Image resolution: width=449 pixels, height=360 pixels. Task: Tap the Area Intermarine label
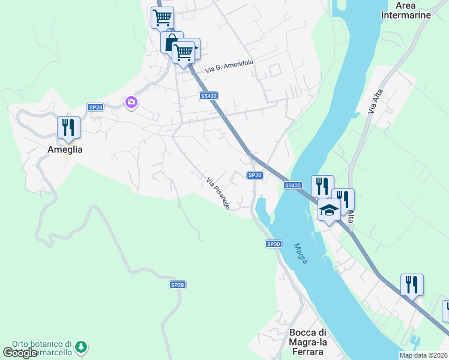[406, 10]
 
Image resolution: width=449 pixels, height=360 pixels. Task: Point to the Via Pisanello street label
[218, 193]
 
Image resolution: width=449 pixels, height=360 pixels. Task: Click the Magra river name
[301, 253]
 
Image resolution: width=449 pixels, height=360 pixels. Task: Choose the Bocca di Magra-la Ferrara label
[307, 342]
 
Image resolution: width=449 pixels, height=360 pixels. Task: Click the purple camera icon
[131, 103]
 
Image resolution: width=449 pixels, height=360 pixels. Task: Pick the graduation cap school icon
[328, 209]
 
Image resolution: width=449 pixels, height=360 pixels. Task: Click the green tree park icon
[80, 347]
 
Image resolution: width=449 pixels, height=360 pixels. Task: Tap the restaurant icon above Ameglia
[69, 127]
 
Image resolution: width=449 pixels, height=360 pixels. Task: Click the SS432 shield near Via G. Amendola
[209, 96]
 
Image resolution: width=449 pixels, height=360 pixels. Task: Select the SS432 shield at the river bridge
[293, 185]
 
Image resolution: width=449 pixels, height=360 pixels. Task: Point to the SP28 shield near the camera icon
[95, 107]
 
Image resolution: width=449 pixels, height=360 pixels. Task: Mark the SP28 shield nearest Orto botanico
[177, 285]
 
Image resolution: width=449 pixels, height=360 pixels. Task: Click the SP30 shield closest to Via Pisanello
[255, 175]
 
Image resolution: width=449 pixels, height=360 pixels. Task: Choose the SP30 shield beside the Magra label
[273, 244]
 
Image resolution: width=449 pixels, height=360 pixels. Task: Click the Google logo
[19, 353]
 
